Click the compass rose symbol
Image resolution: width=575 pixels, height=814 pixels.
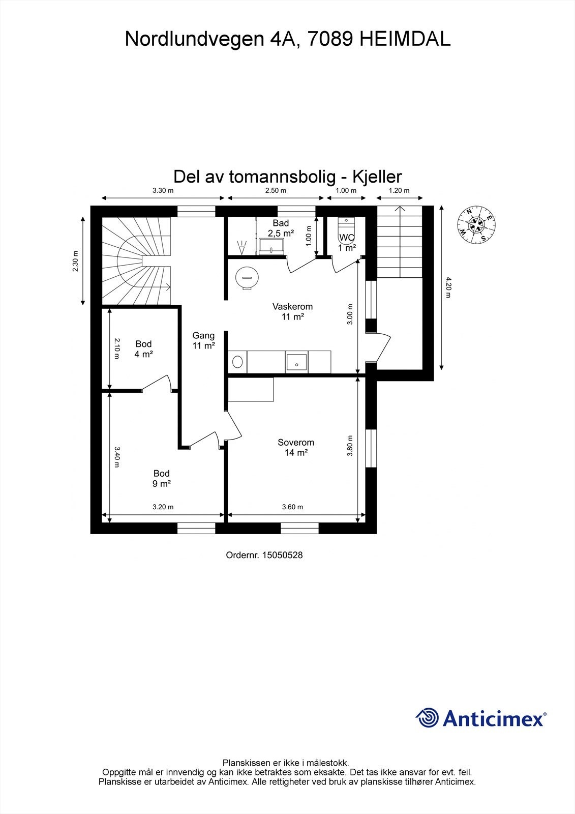[476, 224]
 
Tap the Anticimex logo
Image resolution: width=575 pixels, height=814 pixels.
[481, 718]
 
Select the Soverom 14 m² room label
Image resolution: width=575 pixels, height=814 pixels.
[295, 447]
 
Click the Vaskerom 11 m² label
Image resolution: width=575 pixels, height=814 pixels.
[292, 311]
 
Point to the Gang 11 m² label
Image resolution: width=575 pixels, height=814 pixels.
[203, 340]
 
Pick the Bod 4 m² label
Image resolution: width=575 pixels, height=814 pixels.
[143, 349]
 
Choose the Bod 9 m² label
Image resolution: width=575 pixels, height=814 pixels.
[161, 478]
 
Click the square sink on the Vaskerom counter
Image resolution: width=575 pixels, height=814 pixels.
[296, 362]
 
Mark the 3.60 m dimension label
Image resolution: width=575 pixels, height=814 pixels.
[292, 507]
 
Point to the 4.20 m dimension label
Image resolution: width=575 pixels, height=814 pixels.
[448, 287]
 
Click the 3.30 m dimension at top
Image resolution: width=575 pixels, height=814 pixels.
[163, 191]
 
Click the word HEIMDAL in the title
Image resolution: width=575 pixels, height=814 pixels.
[405, 39]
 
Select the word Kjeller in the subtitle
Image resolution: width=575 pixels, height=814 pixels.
[377, 177]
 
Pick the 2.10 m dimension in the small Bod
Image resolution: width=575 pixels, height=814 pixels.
[116, 348]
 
